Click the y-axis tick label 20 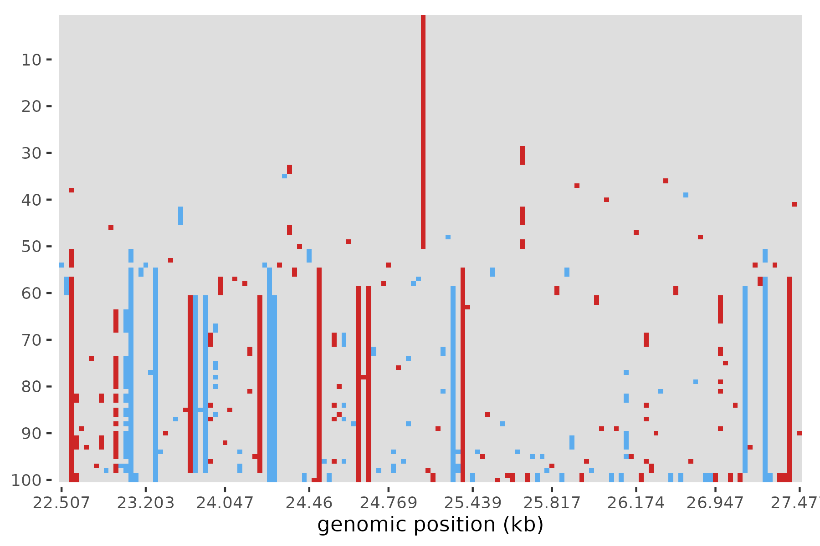click(x=31, y=106)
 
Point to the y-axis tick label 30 click(x=31, y=153)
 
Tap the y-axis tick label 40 click(x=31, y=200)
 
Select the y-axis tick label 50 click(x=31, y=247)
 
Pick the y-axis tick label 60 click(x=31, y=293)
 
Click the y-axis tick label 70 click(x=31, y=340)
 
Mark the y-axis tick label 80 click(x=31, y=387)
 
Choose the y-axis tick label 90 click(x=31, y=433)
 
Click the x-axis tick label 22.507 click(x=61, y=504)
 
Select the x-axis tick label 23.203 click(x=146, y=504)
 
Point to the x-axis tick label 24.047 click(x=225, y=504)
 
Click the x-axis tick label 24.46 click(x=309, y=504)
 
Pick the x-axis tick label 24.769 click(x=388, y=504)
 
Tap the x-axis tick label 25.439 click(x=472, y=504)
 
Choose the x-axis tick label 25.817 click(x=552, y=504)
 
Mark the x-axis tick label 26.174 click(x=636, y=504)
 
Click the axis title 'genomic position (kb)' click(x=430, y=525)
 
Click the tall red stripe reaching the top click(x=423, y=132)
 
